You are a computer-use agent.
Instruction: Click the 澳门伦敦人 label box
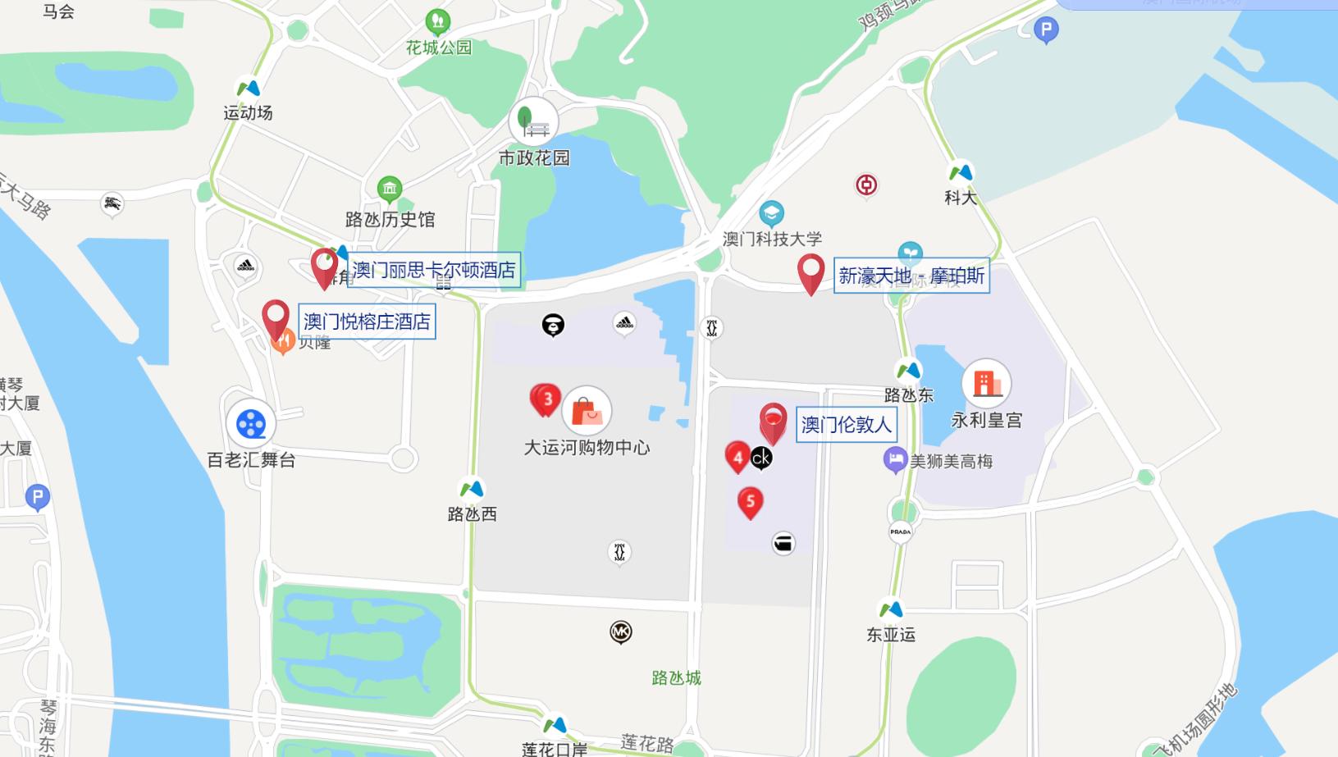[x=846, y=425]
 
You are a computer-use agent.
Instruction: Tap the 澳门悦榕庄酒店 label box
[x=367, y=321]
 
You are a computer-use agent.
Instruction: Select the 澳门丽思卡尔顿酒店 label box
[x=434, y=270]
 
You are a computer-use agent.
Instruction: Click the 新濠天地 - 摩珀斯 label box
[x=911, y=276]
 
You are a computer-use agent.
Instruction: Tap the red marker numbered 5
[x=750, y=502]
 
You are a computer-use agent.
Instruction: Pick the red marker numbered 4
[x=737, y=457]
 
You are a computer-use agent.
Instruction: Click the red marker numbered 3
[x=547, y=399]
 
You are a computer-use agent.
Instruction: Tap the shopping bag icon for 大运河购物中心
[x=587, y=411]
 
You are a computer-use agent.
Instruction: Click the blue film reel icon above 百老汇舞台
[x=251, y=424]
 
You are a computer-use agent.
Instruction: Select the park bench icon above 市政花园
[x=534, y=122]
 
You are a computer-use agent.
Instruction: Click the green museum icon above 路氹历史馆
[x=390, y=189]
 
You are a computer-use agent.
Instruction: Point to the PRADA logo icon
[x=900, y=531]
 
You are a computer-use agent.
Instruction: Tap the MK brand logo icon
[x=621, y=632]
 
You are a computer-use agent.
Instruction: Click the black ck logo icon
[x=761, y=458]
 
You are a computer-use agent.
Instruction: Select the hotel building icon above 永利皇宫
[x=986, y=383]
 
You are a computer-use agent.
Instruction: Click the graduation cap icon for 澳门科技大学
[x=771, y=213]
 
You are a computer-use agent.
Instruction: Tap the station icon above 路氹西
[x=472, y=490]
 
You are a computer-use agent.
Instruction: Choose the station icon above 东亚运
[x=891, y=609]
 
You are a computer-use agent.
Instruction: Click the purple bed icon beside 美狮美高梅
[x=895, y=459]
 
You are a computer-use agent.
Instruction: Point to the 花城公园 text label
[x=439, y=48]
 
